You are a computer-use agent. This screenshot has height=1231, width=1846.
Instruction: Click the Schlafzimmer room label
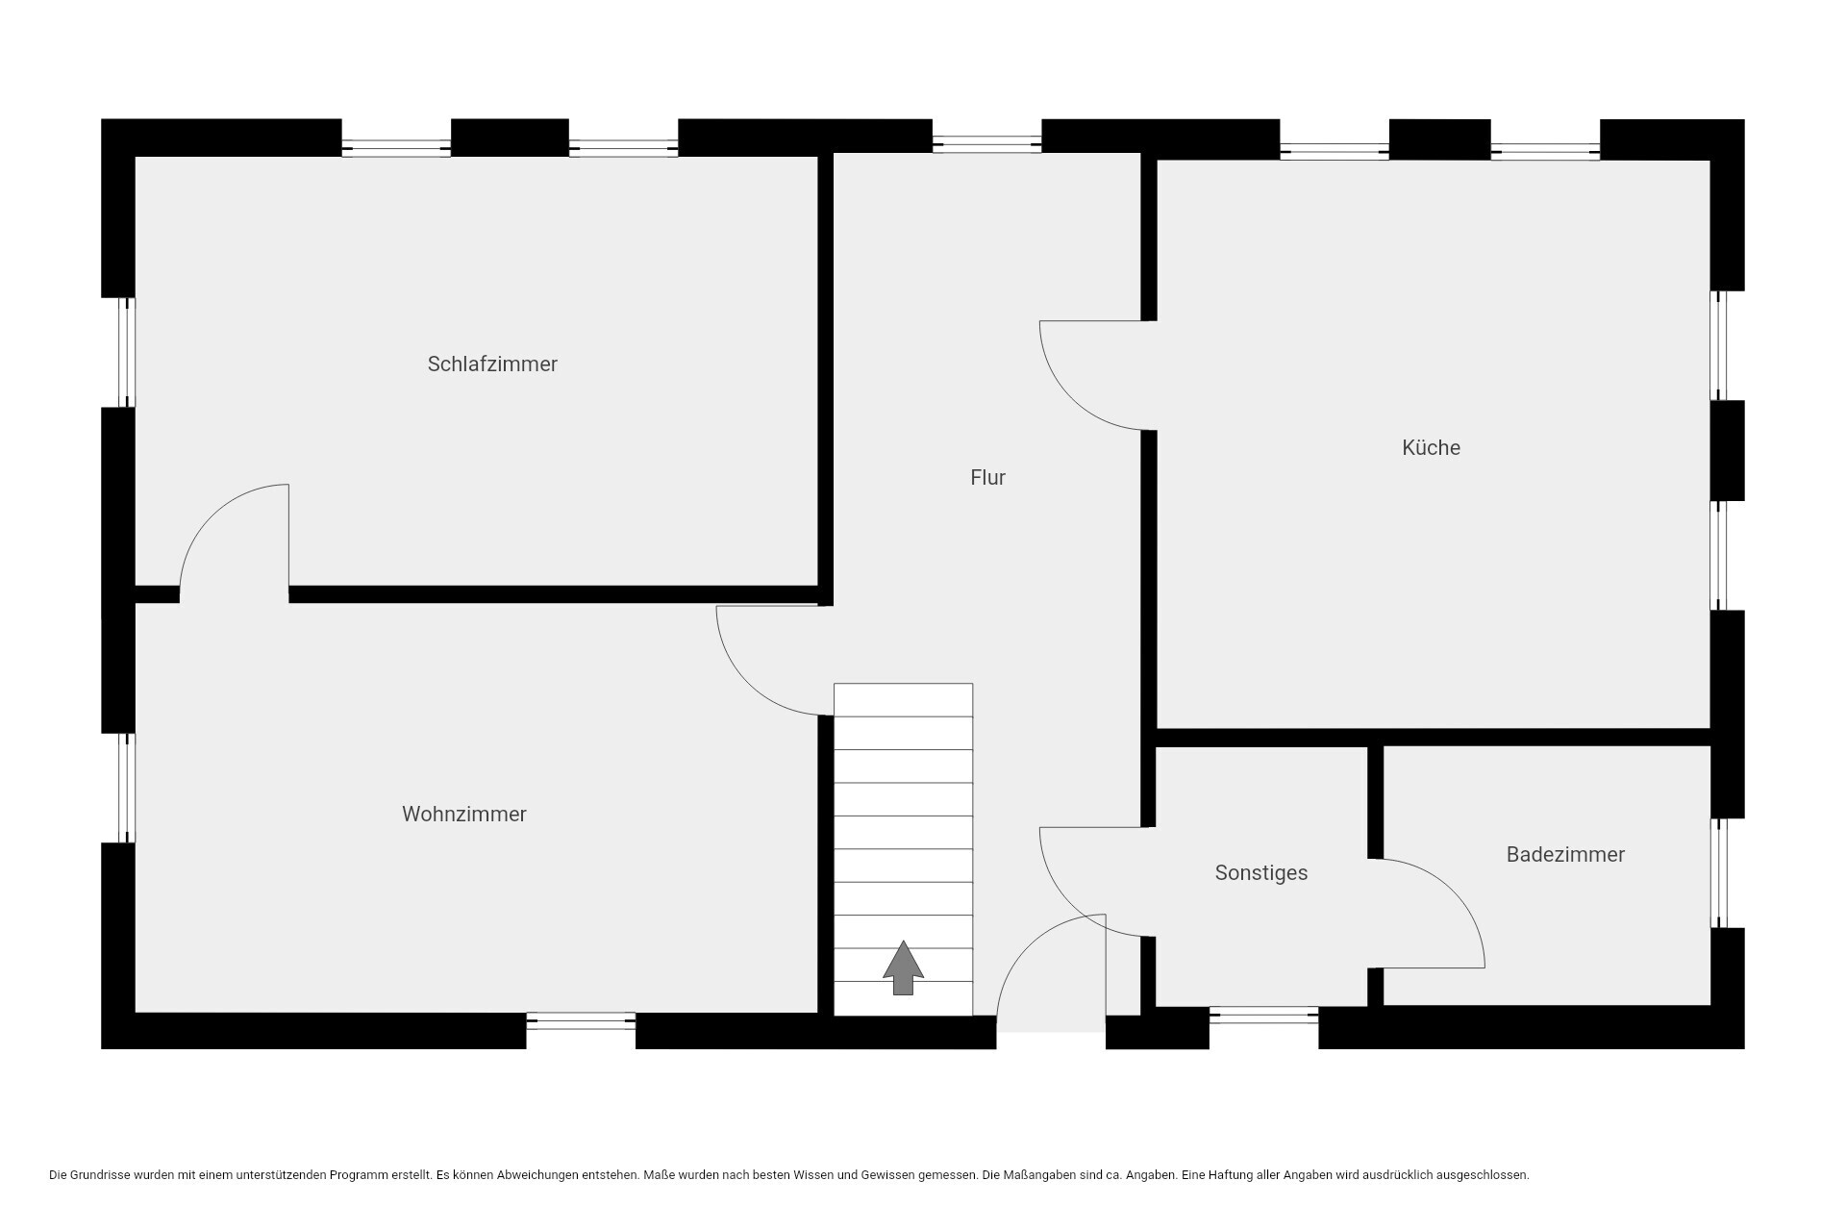click(492, 364)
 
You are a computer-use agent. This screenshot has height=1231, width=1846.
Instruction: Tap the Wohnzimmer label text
click(464, 815)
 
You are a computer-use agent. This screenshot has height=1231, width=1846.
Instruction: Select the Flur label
click(988, 477)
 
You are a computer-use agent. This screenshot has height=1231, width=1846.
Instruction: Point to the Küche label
click(1431, 447)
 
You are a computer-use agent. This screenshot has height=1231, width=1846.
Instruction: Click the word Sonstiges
click(1261, 873)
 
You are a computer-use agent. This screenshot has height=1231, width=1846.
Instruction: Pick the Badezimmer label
click(1565, 854)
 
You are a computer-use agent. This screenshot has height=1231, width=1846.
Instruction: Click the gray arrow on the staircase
click(903, 967)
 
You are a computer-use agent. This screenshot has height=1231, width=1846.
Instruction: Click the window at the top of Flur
click(986, 144)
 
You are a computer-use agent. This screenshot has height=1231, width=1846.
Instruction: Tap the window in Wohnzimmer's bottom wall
click(581, 1021)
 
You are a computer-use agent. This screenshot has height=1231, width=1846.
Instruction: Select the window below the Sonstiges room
click(1263, 1015)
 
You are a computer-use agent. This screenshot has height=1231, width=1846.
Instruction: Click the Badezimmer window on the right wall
click(1719, 873)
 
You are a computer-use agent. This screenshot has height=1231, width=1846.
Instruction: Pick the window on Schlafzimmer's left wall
click(126, 352)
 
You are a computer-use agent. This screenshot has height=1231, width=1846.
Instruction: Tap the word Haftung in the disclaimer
click(1222, 1175)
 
